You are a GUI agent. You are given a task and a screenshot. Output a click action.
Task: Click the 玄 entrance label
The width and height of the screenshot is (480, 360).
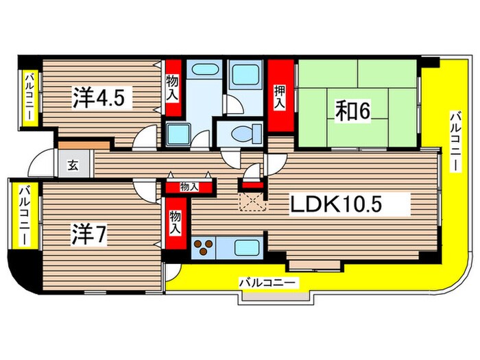(73, 165)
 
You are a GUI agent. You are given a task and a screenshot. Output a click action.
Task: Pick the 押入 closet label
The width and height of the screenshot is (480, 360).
(279, 97)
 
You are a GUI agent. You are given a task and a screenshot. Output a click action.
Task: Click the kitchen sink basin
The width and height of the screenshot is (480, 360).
(245, 248)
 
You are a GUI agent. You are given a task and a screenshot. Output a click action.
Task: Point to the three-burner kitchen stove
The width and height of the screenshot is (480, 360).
(204, 248)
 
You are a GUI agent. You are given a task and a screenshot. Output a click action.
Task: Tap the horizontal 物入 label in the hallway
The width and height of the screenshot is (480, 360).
(189, 187)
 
